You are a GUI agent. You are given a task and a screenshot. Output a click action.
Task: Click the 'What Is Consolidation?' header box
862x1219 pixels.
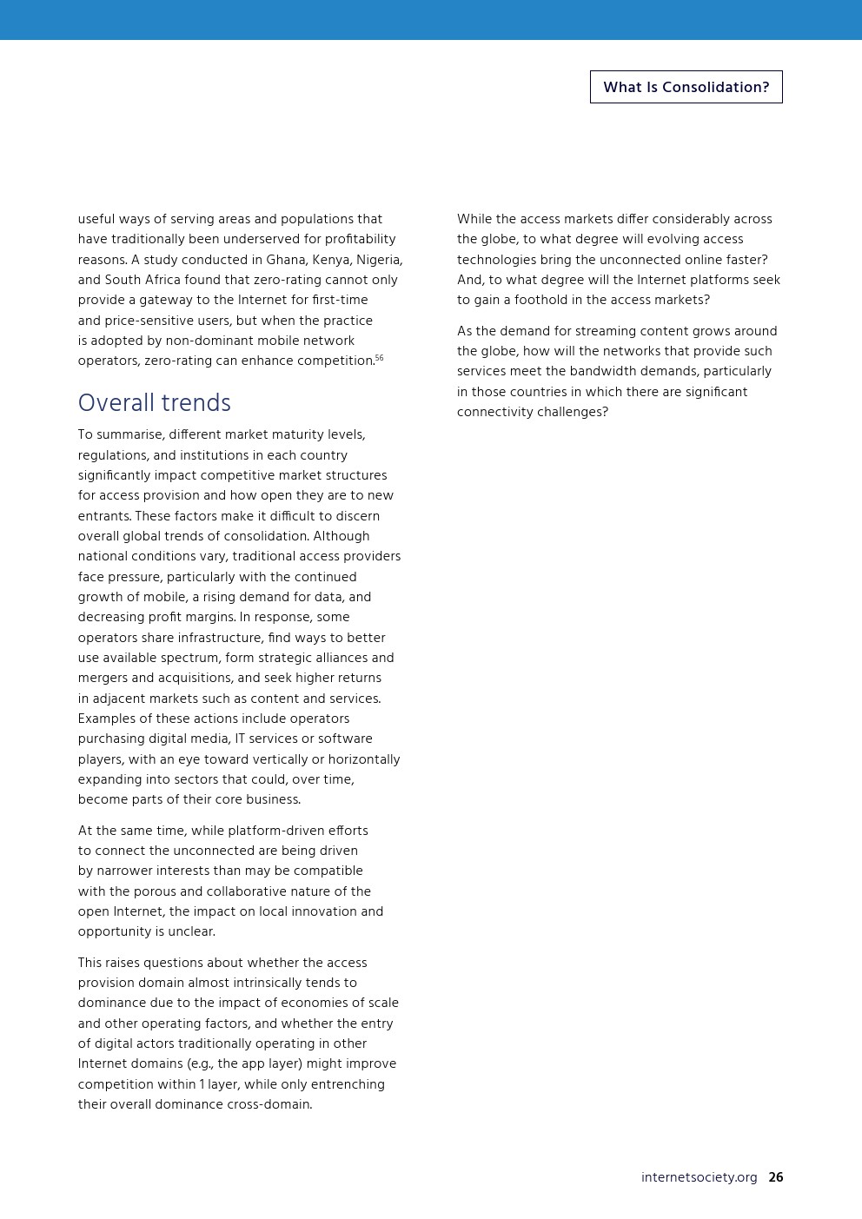686,87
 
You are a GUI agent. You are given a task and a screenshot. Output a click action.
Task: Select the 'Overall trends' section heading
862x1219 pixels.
154,403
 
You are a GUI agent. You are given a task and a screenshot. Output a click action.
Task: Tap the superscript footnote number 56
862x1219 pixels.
379,358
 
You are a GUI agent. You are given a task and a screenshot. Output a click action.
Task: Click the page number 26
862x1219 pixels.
775,1177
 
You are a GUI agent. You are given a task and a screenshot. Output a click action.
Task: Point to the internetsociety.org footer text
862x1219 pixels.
699,1177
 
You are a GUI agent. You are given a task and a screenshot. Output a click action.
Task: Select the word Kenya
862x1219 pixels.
333,260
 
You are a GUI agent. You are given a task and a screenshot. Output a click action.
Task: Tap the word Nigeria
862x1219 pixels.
379,260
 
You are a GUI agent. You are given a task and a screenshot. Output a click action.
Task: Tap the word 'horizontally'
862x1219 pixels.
364,759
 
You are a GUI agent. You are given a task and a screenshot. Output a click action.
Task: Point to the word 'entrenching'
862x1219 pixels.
349,1084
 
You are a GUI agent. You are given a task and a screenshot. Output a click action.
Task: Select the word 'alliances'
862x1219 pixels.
339,658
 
